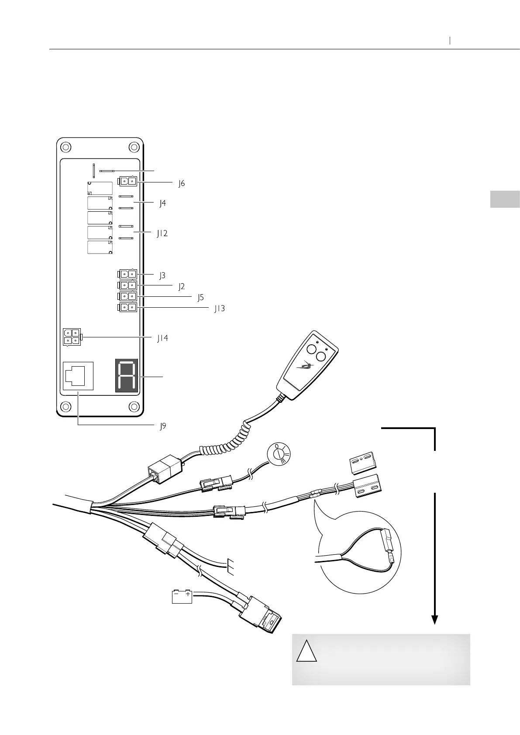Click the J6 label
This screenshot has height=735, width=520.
181,184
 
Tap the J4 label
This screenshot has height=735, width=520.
162,203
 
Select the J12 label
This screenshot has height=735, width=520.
162,234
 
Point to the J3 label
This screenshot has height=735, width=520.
162,275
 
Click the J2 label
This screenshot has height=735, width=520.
181,287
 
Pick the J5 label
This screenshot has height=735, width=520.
200,298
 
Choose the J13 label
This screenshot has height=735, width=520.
219,309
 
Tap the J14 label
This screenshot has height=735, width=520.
162,338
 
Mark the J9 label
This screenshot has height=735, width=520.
162,426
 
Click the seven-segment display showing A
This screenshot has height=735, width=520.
127,375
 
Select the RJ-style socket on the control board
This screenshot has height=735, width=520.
78,375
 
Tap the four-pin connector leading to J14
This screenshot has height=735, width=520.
72,337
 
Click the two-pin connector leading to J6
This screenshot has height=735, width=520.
127,181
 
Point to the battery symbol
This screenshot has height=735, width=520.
182,597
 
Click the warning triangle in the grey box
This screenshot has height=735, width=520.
306,651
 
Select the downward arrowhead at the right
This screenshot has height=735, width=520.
434,619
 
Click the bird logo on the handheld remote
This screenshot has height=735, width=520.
307,366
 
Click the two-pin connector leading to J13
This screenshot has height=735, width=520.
127,308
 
